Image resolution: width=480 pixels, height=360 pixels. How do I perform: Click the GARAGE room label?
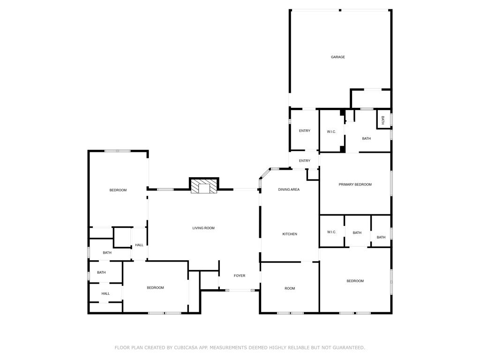point(337,57)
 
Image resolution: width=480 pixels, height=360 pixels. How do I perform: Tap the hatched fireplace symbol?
point(204,186)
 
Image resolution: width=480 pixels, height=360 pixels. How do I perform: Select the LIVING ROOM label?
point(203,228)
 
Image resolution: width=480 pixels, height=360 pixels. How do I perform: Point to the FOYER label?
point(240,276)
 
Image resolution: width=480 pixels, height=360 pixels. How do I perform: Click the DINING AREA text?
point(289,189)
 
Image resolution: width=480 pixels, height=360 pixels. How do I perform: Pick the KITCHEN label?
point(290,234)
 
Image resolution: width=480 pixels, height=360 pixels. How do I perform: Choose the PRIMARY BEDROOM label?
point(355,185)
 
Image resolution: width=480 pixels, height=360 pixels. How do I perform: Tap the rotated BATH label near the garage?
point(382,120)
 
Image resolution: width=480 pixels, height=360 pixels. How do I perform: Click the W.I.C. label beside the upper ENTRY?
point(331,132)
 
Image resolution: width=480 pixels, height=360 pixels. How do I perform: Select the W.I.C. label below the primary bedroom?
point(331,232)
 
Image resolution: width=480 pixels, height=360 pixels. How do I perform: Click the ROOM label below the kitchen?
point(290,288)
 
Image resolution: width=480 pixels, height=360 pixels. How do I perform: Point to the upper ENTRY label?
point(305,131)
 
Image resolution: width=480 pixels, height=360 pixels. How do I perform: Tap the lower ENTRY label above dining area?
point(305,161)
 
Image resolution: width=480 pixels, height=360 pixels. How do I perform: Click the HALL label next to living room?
point(139,245)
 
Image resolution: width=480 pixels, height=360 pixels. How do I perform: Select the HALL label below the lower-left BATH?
point(105,293)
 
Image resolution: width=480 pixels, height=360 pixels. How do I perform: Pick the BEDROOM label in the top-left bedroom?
point(118,190)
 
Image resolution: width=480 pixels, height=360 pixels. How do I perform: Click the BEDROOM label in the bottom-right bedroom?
point(355,281)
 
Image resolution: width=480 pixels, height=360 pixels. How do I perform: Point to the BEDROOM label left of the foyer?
point(155,288)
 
